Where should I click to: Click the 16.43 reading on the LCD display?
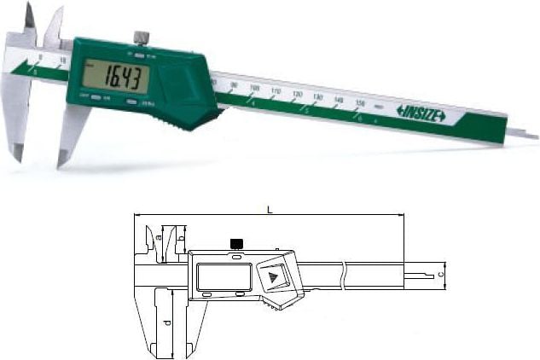125,78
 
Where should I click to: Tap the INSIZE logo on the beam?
421,113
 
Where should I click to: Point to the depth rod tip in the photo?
531,135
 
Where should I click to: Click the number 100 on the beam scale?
254,88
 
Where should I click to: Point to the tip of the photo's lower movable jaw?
61,164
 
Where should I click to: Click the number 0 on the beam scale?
39,58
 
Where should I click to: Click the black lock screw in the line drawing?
235,244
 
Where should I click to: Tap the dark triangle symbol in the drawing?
273,277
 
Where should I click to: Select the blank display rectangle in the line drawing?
223,276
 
